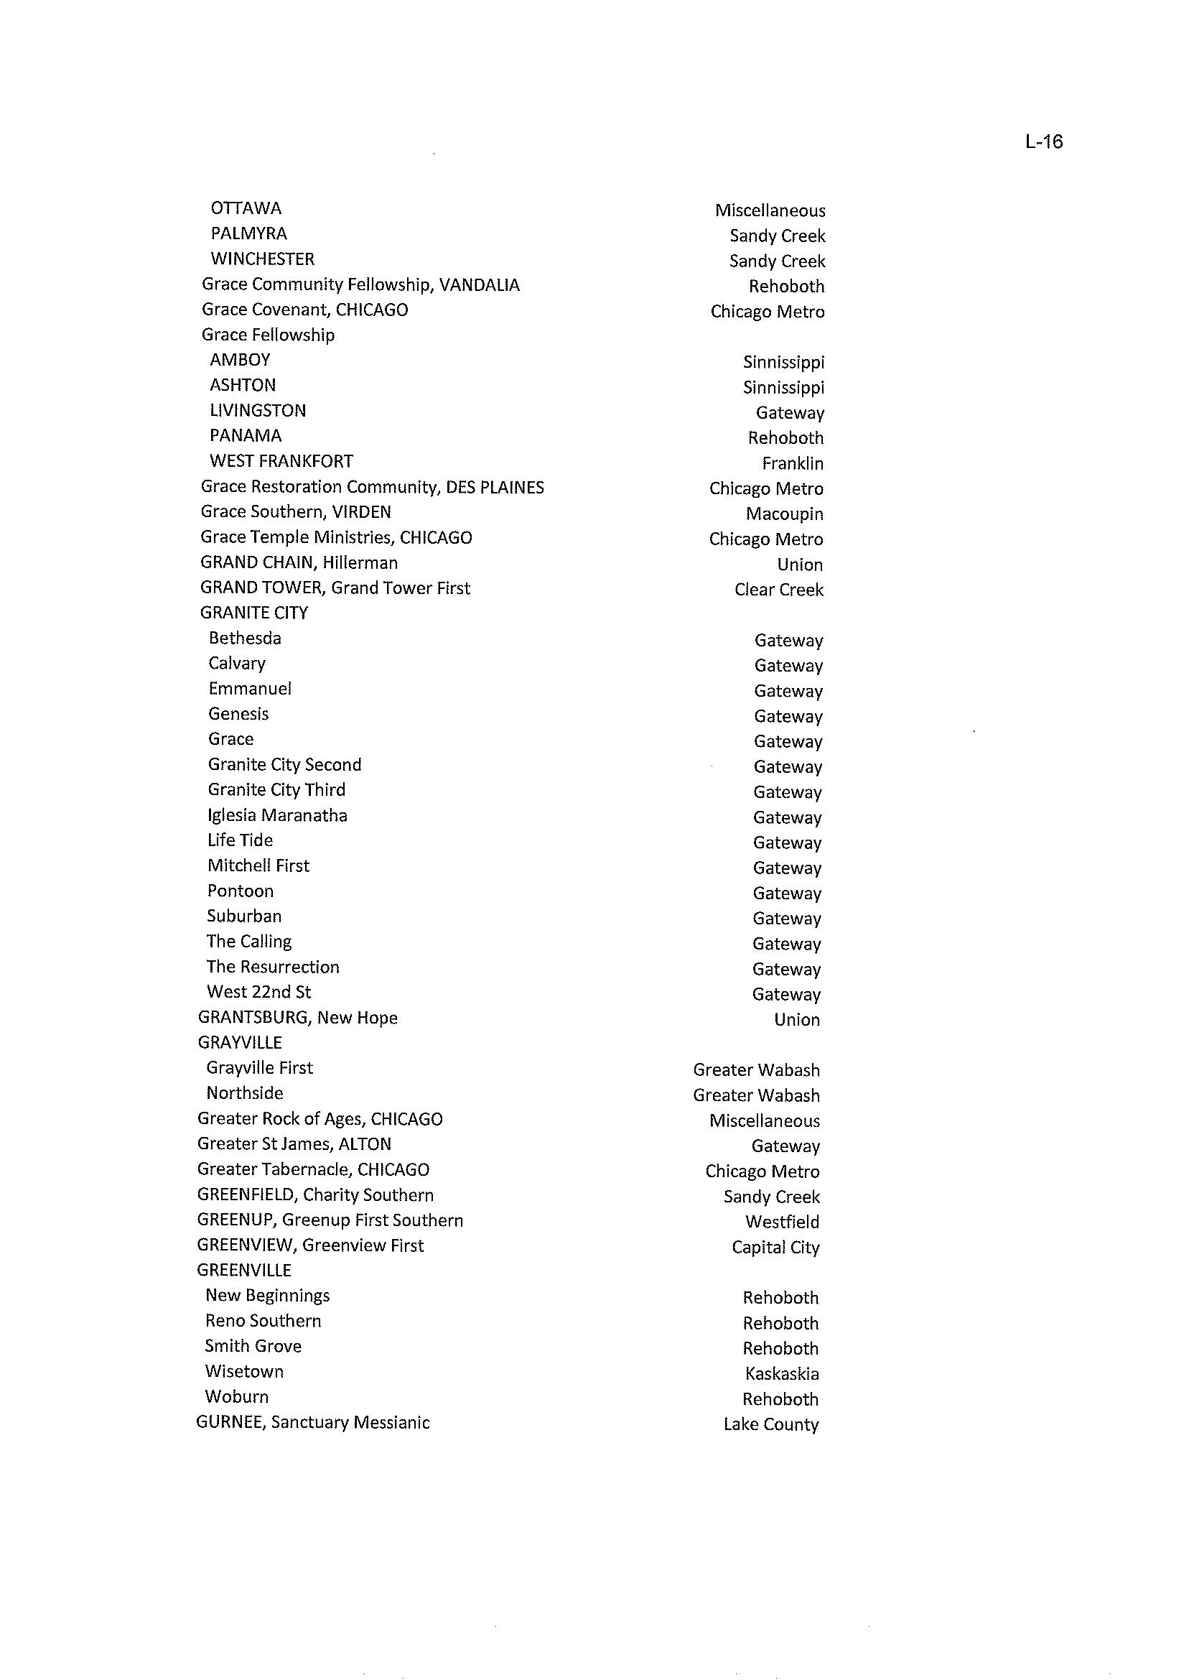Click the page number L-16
click(1043, 141)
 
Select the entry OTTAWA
click(246, 209)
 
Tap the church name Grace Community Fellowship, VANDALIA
click(360, 285)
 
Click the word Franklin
click(792, 463)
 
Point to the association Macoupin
click(784, 514)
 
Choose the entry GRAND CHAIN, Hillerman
click(299, 563)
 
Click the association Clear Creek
click(778, 590)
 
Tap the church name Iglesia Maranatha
click(277, 816)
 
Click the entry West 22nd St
click(259, 993)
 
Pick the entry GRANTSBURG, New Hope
click(297, 1018)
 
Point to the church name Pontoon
click(240, 891)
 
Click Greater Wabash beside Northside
click(755, 1095)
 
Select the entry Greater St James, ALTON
click(294, 1144)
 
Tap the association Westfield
click(782, 1222)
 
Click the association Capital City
click(775, 1247)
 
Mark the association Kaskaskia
click(781, 1374)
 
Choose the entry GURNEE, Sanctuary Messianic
click(312, 1423)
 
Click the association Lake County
click(770, 1424)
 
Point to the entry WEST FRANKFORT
click(281, 461)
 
